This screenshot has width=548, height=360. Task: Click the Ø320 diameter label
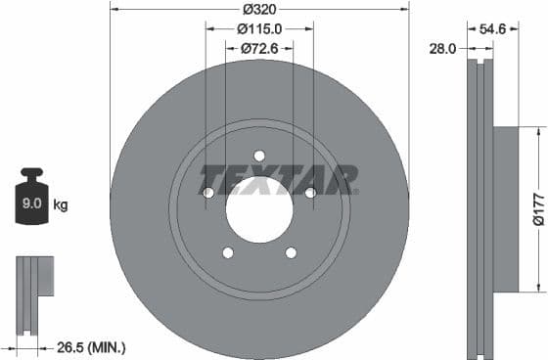tap(259, 8)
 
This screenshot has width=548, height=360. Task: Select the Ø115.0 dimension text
tap(259, 29)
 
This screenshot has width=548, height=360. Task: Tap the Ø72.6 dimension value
tap(259, 47)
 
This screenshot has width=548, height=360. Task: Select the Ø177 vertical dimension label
tap(538, 208)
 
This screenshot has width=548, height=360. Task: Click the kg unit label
tap(61, 204)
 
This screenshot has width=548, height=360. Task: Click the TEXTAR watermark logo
tap(279, 179)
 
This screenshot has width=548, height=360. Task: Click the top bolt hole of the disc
tap(259, 156)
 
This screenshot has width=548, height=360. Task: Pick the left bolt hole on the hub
tap(207, 193)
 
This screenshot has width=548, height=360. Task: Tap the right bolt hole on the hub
tap(310, 193)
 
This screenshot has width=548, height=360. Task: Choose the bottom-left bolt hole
tap(228, 252)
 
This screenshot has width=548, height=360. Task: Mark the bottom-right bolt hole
tap(291, 252)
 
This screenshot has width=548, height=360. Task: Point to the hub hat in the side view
tap(504, 208)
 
